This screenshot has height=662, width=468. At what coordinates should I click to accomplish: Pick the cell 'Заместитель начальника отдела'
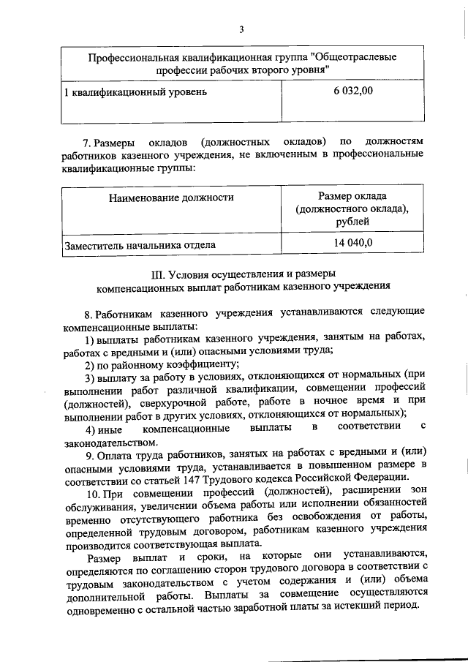pos(140,246)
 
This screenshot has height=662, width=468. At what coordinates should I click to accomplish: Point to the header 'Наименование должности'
pos(171,198)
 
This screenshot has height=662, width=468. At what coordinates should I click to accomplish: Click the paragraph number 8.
pos(88,312)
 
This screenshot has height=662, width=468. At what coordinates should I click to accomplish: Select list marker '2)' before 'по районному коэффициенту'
pos(91,364)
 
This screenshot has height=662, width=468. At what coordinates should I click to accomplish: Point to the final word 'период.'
pos(401,608)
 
